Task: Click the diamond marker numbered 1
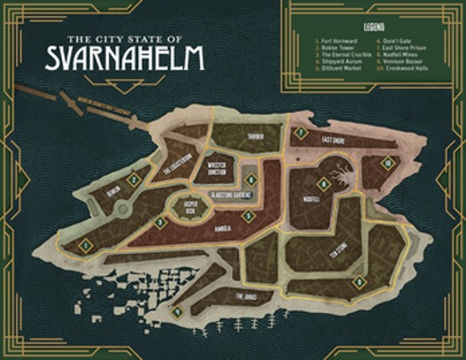tap(85, 244)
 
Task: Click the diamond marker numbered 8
tap(323, 184)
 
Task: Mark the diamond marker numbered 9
tap(358, 282)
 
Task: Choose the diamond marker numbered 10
tap(387, 162)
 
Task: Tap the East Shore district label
tap(333, 140)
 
